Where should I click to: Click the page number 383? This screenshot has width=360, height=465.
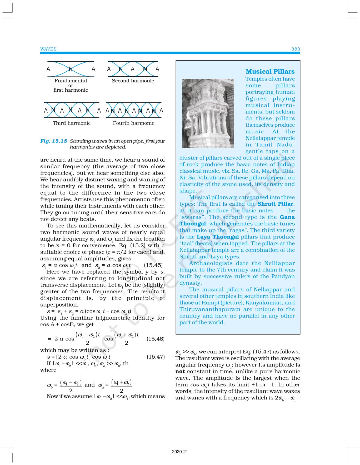(x=296, y=49)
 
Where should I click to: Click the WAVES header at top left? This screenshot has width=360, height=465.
(x=48, y=49)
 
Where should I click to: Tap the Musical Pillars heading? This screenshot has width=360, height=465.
(x=270, y=72)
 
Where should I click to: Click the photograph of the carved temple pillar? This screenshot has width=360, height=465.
(x=208, y=113)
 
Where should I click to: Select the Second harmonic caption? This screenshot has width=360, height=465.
(x=133, y=81)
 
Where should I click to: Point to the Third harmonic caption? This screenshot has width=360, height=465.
(x=72, y=123)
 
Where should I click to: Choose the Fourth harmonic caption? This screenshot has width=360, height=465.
(x=133, y=123)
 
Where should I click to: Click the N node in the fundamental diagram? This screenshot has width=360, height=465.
(x=71, y=69)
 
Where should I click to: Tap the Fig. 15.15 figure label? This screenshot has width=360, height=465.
(x=54, y=141)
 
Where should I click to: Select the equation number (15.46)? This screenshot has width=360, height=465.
(x=155, y=339)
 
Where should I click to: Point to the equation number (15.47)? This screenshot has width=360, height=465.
(x=156, y=357)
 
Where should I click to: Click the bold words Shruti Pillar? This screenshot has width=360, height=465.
(x=275, y=204)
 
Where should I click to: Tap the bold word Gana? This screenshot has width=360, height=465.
(x=287, y=217)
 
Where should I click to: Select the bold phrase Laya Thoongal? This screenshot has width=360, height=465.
(x=218, y=237)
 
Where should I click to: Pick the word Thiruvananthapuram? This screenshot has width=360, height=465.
(x=210, y=309)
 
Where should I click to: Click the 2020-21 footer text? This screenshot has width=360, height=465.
(x=180, y=452)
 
